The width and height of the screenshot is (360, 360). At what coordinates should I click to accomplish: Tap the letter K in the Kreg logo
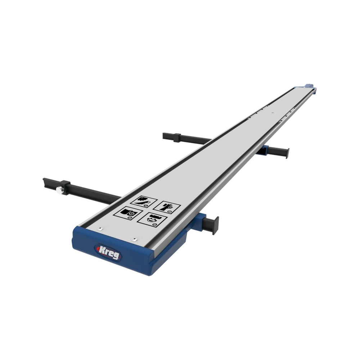[x=102, y=248]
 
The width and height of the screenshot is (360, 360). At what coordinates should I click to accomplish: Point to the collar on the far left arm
[x=176, y=137]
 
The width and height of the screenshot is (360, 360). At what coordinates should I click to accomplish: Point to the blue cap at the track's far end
[x=309, y=86]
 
